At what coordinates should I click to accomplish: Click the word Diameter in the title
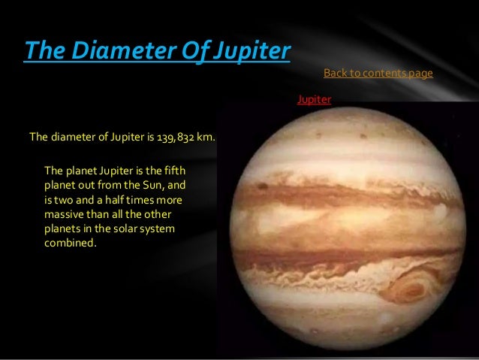point(112,51)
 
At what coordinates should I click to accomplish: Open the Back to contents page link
point(378,73)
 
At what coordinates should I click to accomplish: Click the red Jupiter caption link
point(314,98)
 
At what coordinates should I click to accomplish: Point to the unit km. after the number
point(206,138)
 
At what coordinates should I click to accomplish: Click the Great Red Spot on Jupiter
point(410,288)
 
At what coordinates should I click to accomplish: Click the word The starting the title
point(41,51)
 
